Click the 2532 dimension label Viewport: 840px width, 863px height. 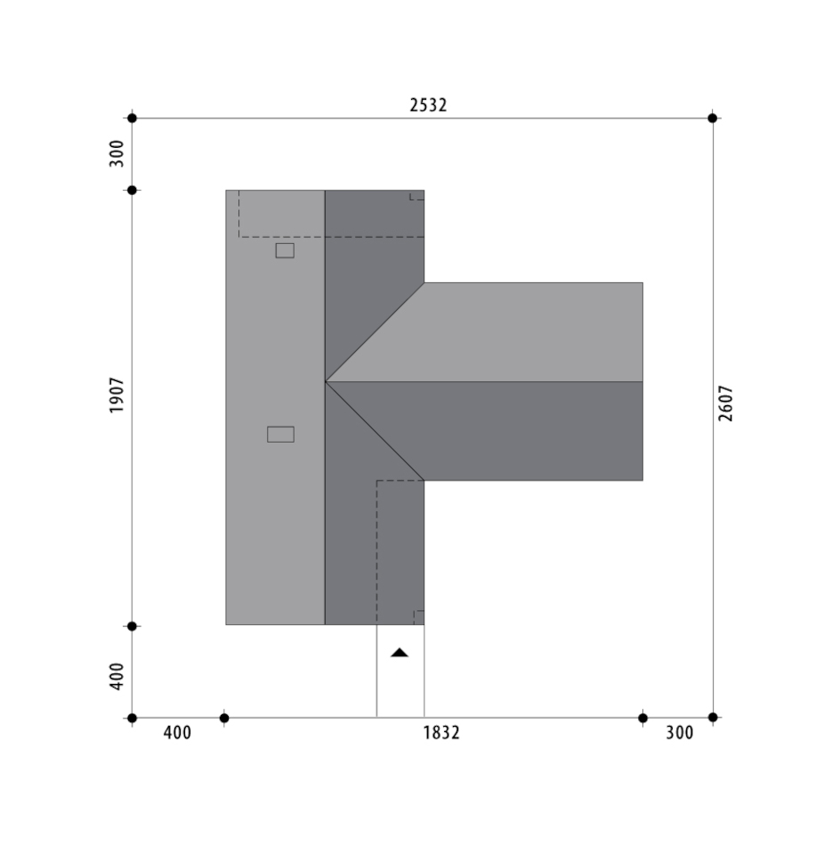pos(428,104)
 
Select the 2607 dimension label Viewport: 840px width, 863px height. pos(725,403)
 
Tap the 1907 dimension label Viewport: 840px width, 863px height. pos(117,395)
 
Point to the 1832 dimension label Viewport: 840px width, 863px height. pos(440,733)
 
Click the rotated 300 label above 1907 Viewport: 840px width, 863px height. pos(117,153)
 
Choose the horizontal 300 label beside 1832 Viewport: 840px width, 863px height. pos(680,733)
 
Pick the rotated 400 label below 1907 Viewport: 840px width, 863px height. pos(117,677)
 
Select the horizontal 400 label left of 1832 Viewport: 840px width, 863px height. pos(177,733)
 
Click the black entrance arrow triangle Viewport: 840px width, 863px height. pos(400,653)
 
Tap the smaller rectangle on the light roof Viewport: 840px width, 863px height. pos(285,250)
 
